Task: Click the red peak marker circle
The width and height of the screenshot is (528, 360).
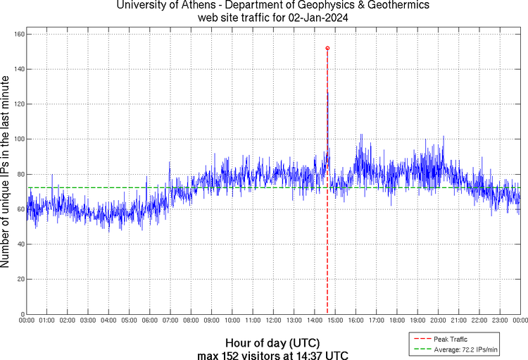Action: pyautogui.click(x=327, y=48)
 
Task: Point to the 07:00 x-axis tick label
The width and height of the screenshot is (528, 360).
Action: pyautogui.click(x=170, y=321)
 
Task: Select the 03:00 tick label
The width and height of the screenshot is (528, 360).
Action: pyautogui.click(x=88, y=321)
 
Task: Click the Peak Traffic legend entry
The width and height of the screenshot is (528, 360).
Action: pyautogui.click(x=451, y=340)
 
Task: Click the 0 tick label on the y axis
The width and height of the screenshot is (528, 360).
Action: pyautogui.click(x=23, y=314)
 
